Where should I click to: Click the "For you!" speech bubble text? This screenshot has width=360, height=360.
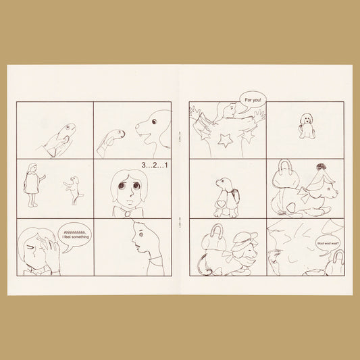click(253, 100)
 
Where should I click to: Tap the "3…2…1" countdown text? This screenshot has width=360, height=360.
click(155, 165)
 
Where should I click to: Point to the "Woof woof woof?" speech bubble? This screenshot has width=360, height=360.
click(328, 244)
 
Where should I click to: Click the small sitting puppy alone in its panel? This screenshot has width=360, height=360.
click(307, 126)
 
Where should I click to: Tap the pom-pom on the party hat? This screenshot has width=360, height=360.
click(322, 166)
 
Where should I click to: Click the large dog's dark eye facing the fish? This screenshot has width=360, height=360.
click(154, 122)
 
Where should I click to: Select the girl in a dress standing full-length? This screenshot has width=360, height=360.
click(33, 185)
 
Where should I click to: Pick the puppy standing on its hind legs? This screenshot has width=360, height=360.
click(74, 190)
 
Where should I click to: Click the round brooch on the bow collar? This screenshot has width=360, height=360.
click(127, 213)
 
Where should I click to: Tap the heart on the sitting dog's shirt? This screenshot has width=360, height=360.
click(222, 204)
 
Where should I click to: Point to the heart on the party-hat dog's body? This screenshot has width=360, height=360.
click(291, 207)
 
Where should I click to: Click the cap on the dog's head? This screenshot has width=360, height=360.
click(245, 239)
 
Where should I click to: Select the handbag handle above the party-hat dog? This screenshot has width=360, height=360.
click(286, 165)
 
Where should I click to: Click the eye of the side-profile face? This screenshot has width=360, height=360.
click(141, 234)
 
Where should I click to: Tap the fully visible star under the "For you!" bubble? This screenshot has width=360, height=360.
click(224, 140)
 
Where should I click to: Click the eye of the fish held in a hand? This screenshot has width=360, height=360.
click(68, 127)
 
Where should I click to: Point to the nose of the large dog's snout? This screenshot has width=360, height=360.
click(137, 126)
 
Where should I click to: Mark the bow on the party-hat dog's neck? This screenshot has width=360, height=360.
click(305, 195)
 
